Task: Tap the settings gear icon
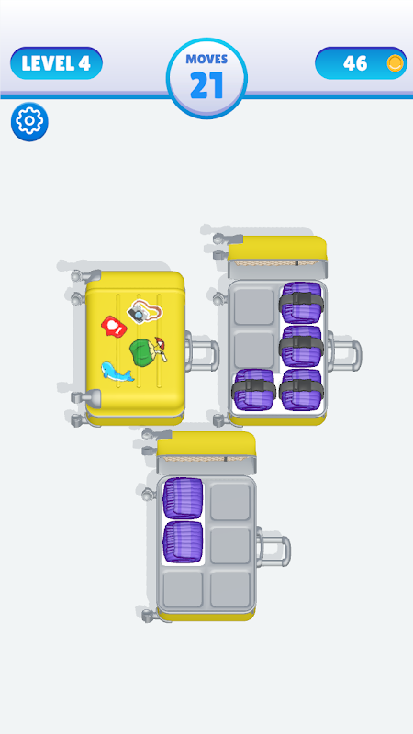tap(29, 121)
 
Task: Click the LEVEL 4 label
tap(56, 63)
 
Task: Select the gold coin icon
tap(396, 62)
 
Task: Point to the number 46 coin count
tap(355, 63)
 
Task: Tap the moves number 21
tap(206, 85)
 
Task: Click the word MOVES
tap(206, 59)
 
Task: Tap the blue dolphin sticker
tap(117, 372)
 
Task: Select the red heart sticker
tap(114, 326)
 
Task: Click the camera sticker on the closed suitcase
tap(145, 311)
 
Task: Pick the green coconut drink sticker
tap(148, 352)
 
